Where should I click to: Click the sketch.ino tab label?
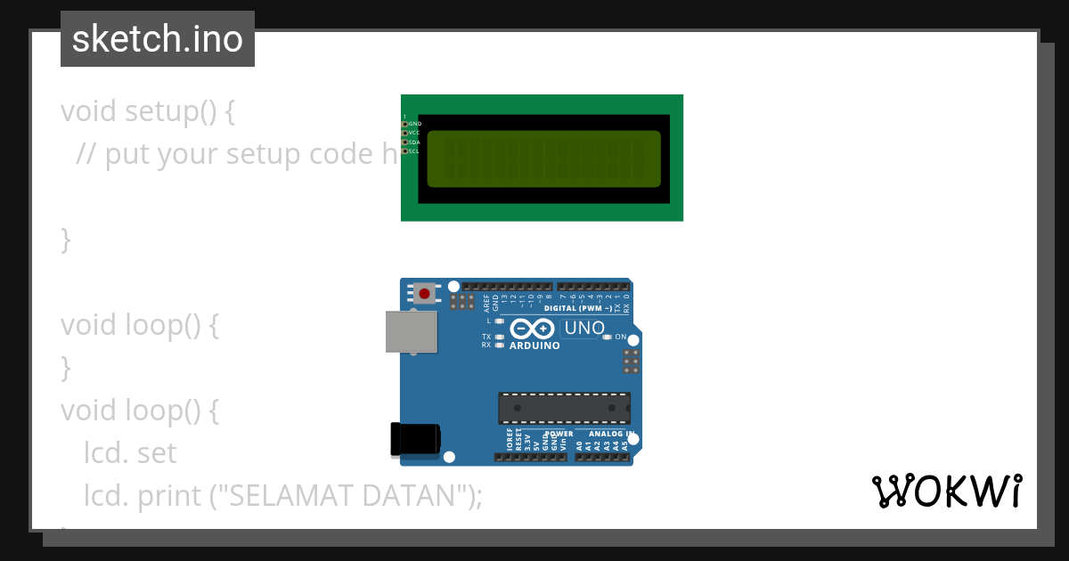158,39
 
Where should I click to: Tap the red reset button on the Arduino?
425,293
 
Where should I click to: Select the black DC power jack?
415,439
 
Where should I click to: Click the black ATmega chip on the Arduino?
564,408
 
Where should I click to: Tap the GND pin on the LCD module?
404,124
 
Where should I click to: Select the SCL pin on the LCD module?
404,151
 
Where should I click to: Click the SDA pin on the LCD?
404,142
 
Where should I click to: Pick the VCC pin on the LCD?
404,133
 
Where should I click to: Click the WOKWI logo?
946,491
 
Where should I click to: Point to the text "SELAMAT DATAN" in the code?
348,495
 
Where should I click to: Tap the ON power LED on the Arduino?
608,337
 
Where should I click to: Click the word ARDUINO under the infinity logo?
534,346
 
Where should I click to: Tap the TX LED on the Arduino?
499,337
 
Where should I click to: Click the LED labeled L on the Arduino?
499,321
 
